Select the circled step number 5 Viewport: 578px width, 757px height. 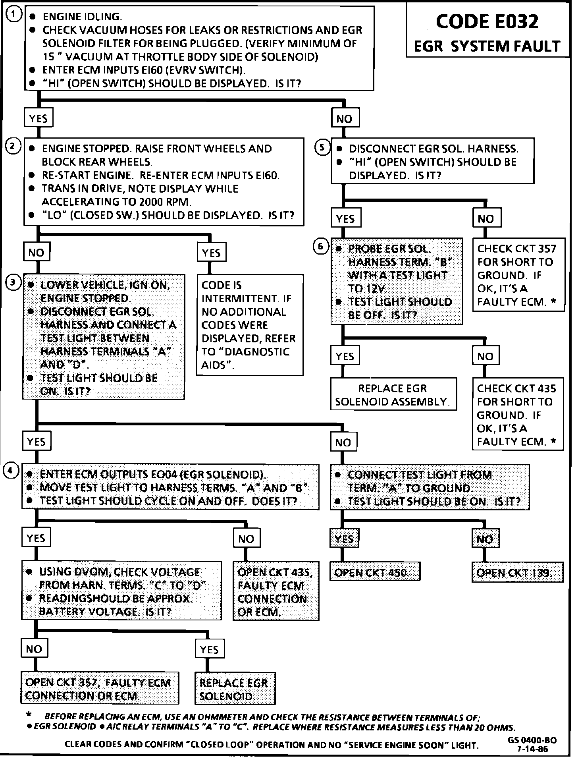click(322, 147)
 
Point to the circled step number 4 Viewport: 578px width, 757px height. click(11, 471)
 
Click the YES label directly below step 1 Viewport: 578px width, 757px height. click(38, 118)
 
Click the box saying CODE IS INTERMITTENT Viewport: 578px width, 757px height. click(250, 324)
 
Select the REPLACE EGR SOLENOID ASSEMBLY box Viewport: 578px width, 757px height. click(393, 394)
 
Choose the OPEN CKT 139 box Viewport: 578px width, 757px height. click(517, 572)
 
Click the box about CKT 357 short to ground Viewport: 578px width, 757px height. click(518, 275)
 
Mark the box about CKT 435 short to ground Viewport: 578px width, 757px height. click(517, 414)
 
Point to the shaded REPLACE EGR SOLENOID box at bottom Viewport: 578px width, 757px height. click(235, 689)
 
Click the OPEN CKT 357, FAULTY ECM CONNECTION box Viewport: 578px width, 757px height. click(99, 689)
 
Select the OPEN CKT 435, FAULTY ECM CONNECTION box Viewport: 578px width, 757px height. click(276, 591)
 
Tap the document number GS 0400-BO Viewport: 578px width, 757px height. click(532, 740)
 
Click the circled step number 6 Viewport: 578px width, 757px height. click(321, 247)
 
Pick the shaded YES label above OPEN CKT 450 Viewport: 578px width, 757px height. click(344, 539)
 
